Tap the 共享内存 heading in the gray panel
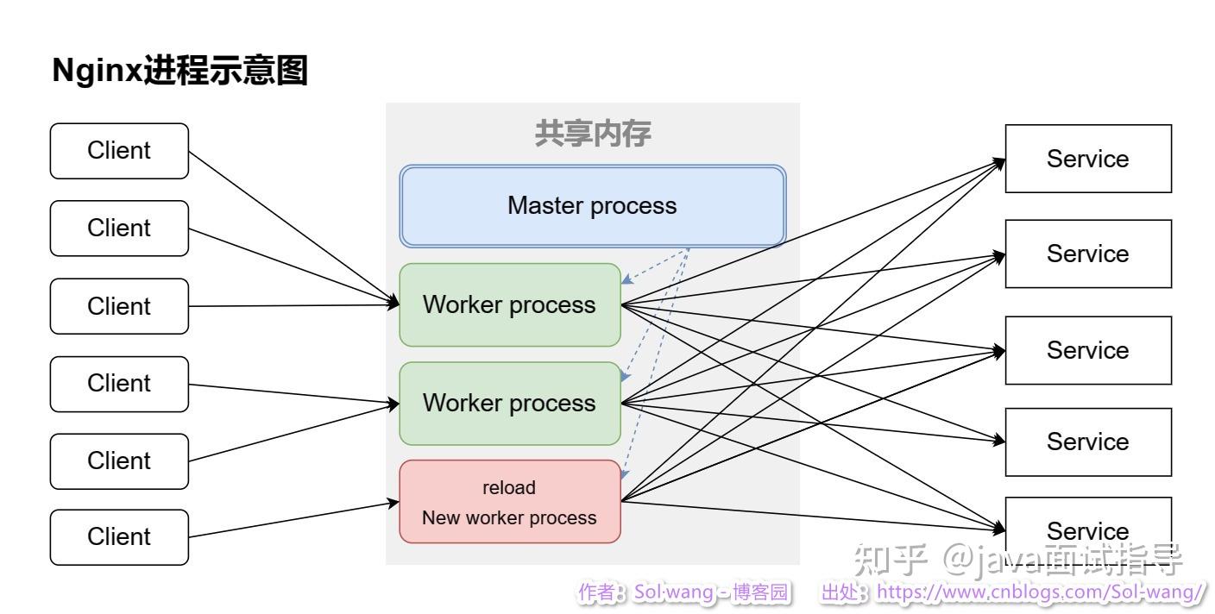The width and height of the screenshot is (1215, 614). [593, 134]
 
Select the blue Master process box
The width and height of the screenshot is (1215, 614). [593, 207]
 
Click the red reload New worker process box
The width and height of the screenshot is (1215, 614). [509, 502]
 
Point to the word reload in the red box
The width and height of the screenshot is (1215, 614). [509, 488]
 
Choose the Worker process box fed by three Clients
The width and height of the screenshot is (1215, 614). [509, 305]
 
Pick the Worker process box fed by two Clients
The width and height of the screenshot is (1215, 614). [509, 404]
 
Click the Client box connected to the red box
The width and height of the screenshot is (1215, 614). [119, 537]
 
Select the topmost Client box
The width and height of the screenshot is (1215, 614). [119, 151]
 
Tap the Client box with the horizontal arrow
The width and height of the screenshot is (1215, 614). [119, 306]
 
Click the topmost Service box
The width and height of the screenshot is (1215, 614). [1087, 159]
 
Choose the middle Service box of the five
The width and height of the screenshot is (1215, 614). [1087, 350]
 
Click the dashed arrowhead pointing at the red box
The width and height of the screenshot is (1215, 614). [625, 474]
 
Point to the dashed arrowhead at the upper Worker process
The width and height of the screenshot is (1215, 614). [627, 279]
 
